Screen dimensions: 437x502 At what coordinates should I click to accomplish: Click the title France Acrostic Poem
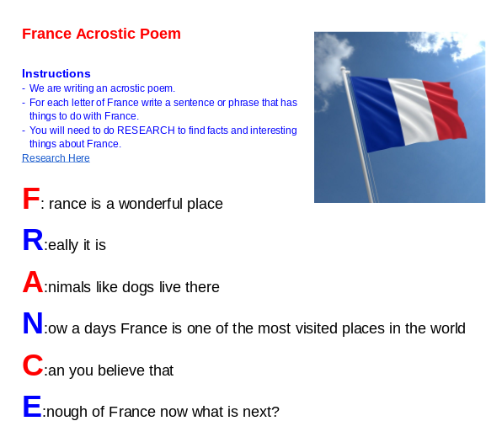pos(101,34)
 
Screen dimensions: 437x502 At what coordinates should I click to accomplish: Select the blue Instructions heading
pos(56,73)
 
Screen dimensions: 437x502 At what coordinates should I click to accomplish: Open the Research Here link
pos(56,158)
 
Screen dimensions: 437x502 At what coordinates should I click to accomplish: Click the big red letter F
pos(30,200)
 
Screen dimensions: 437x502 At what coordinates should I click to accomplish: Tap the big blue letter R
pos(32,241)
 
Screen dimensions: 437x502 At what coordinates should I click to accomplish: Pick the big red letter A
pos(32,283)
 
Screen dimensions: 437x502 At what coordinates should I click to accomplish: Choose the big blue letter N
pos(32,324)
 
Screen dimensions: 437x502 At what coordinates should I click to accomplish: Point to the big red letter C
pos(32,366)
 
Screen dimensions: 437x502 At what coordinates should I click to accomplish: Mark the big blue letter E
pos(31,408)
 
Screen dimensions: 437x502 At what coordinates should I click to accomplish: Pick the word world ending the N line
pos(446,328)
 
